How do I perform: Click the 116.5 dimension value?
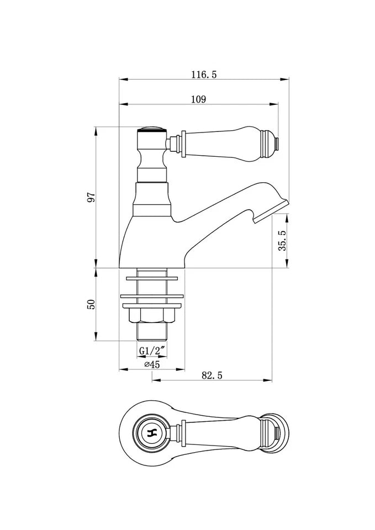click(x=204, y=75)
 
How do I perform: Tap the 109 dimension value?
click(x=198, y=99)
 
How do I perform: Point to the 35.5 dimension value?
click(x=282, y=240)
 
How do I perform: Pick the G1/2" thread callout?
click(x=153, y=351)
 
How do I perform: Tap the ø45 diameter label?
click(x=152, y=364)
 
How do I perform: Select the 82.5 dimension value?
click(x=212, y=375)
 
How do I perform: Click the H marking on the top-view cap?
click(x=152, y=433)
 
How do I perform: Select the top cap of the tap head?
click(x=152, y=129)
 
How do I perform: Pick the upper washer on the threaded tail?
click(x=152, y=278)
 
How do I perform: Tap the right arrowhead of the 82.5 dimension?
click(x=268, y=380)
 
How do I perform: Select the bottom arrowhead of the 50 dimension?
click(x=96, y=337)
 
